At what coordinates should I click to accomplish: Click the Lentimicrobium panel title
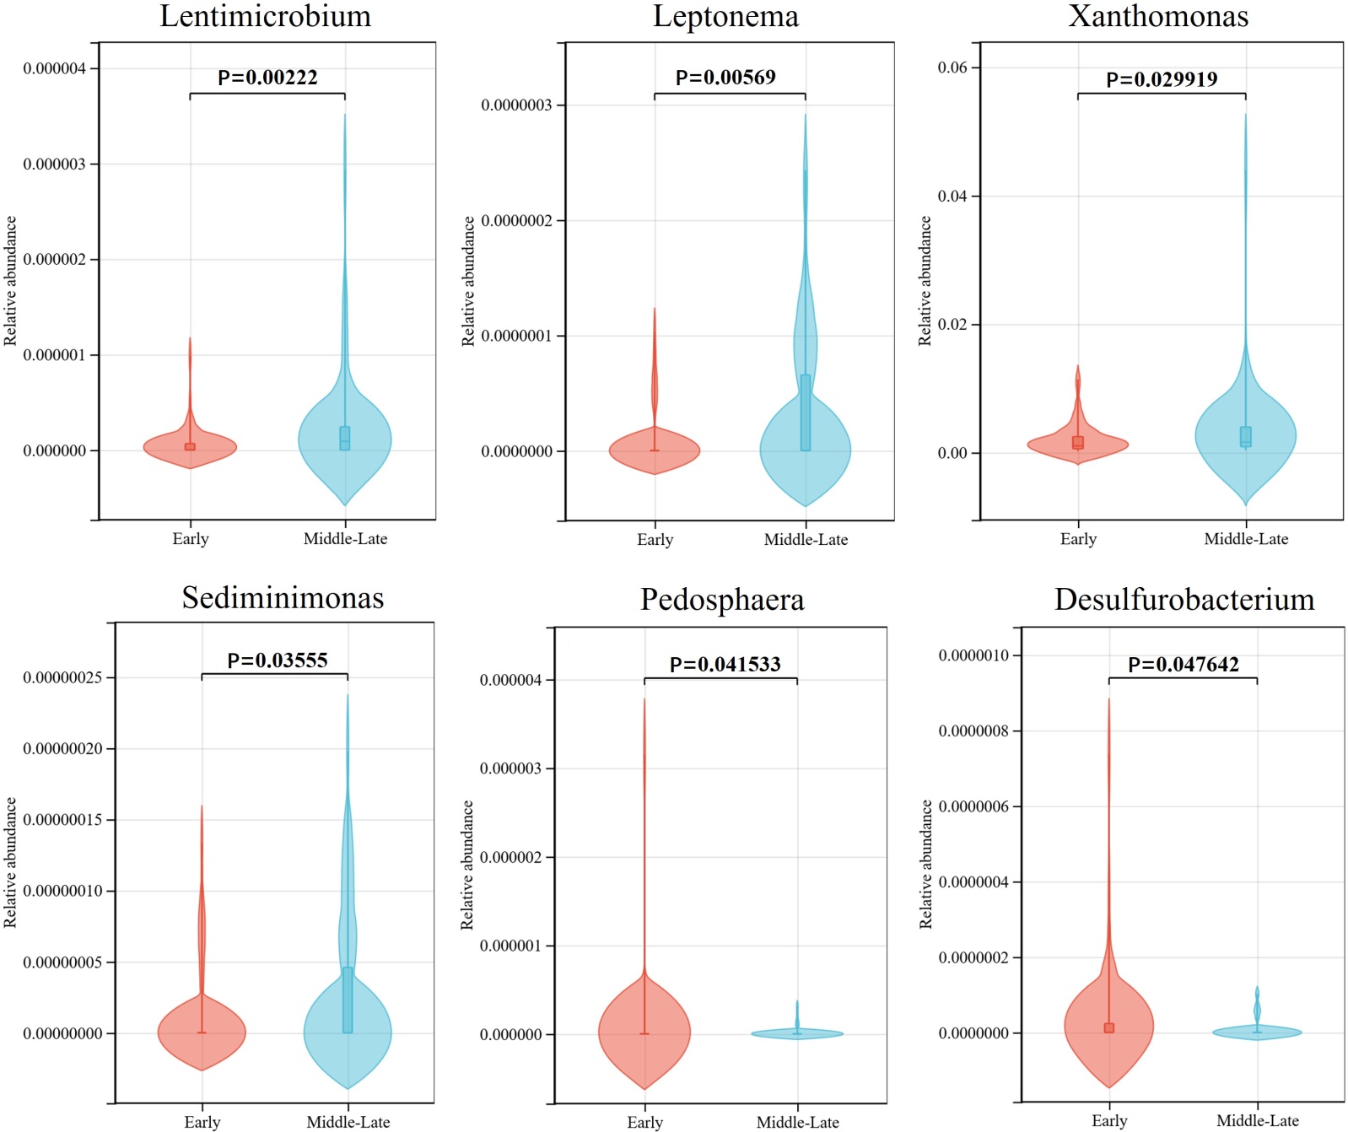tap(266, 16)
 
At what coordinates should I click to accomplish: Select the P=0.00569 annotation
tap(725, 78)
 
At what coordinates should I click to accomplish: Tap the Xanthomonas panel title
tap(1158, 16)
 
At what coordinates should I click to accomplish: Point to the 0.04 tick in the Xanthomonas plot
tap(952, 197)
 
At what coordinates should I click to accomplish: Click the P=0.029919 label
tap(1162, 79)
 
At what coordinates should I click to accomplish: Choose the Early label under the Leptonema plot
tap(655, 540)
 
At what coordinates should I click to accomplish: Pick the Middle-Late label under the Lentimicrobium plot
tap(345, 539)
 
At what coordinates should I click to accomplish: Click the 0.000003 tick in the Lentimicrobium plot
tap(54, 164)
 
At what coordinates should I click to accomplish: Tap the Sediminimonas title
tap(283, 598)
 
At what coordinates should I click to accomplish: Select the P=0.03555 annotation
tap(278, 660)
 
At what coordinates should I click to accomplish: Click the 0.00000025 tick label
tap(68, 678)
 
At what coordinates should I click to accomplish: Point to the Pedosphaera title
tap(722, 600)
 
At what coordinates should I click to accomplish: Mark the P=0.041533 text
tap(725, 665)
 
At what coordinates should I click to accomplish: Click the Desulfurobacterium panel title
tap(1184, 600)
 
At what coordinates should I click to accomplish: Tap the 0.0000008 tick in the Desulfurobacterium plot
tap(973, 731)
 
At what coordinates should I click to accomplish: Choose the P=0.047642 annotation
tap(1184, 665)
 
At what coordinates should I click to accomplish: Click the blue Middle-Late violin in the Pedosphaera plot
tap(797, 1033)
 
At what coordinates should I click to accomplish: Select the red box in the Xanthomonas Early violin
tap(1078, 442)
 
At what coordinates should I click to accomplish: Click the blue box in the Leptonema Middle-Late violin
tap(806, 412)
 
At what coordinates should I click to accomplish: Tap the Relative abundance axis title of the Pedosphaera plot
tap(467, 865)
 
